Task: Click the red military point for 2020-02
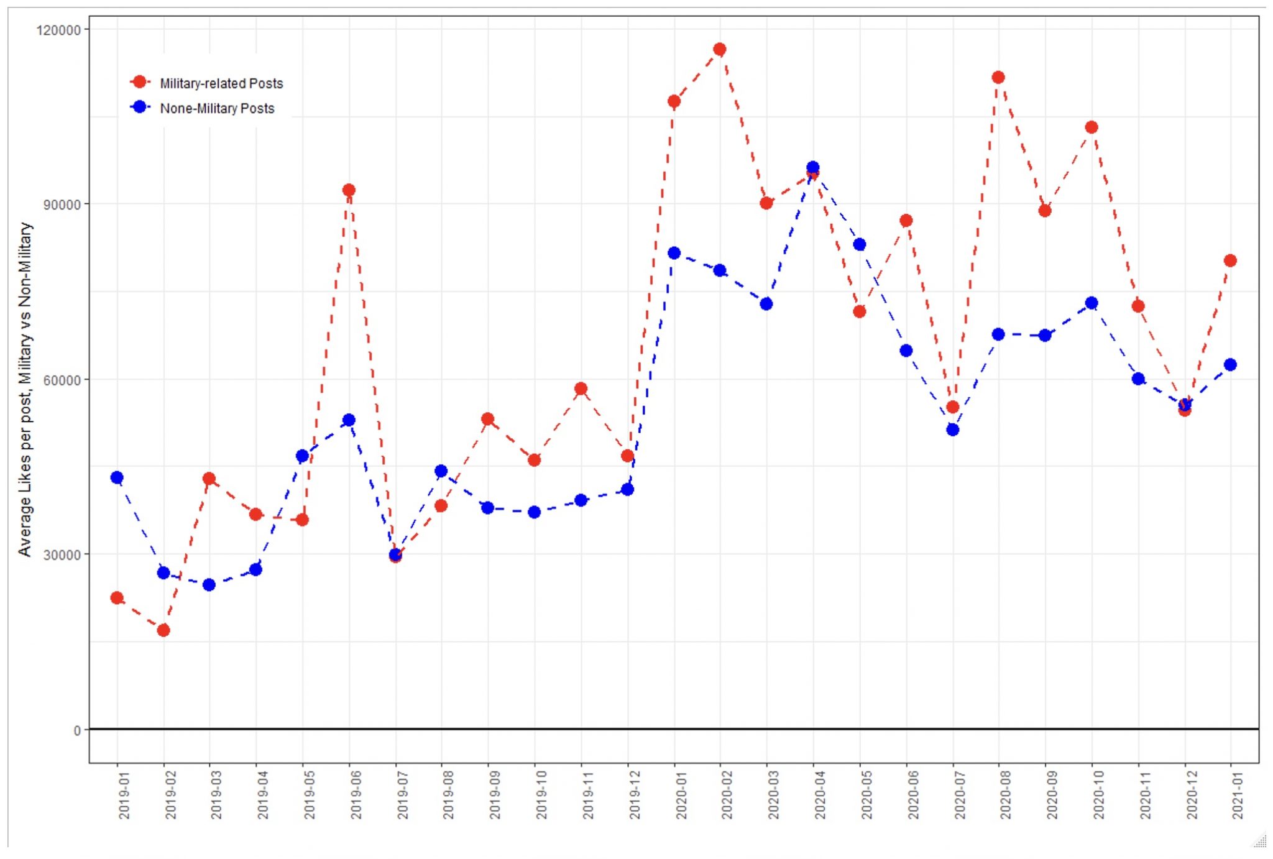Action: [720, 50]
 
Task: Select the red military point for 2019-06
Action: [349, 190]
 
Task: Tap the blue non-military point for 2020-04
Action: [812, 168]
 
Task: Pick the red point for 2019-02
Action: [163, 630]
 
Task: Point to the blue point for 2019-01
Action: [117, 477]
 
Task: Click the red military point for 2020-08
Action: [998, 78]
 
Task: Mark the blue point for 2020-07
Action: [952, 429]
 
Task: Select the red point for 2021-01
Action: [1230, 260]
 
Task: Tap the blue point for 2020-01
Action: [674, 253]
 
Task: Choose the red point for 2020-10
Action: [1091, 127]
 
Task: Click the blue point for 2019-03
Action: [209, 585]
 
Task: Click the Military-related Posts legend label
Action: [221, 83]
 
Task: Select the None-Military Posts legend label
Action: [217, 108]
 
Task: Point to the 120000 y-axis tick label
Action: [59, 30]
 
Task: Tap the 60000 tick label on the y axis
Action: [62, 380]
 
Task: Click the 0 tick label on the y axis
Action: [77, 730]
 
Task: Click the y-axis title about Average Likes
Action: [25, 388]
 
